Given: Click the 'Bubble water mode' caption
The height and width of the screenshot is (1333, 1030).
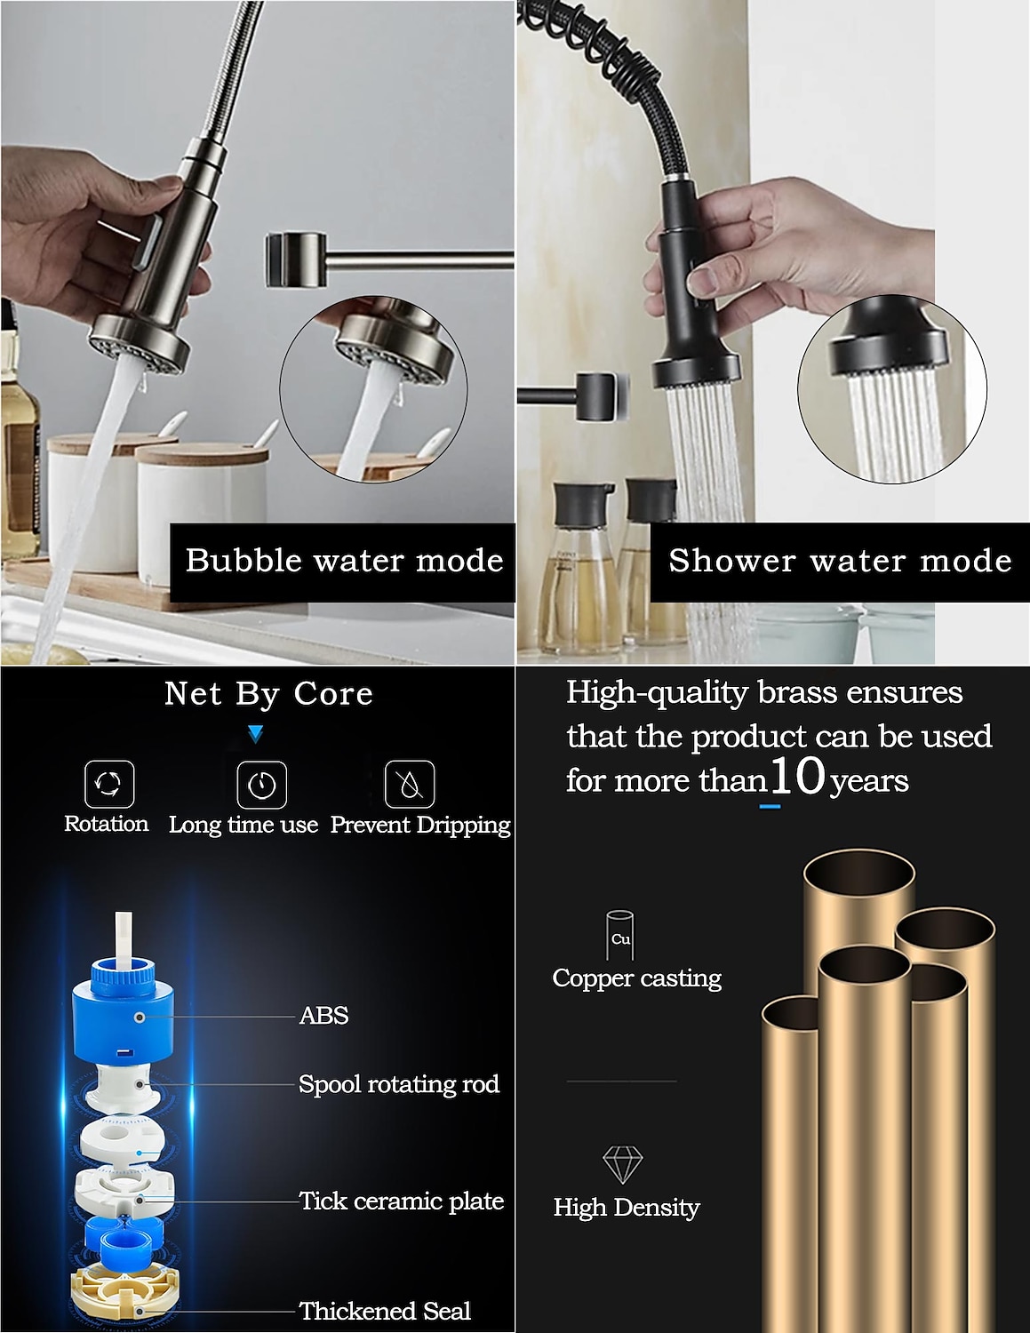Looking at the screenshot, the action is coord(344,561).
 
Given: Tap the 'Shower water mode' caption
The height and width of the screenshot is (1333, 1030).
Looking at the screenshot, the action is coord(840,561).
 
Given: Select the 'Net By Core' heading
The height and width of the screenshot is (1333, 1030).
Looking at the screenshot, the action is coord(268,694).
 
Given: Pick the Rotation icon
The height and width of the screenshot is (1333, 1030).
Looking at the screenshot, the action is coord(109,784).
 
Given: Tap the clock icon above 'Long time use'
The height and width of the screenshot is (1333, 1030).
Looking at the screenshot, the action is coord(262,785).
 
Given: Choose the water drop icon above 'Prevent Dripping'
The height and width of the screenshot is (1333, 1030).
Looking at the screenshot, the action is coord(410,785).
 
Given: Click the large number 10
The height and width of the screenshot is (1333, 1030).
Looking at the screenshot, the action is coord(797,775).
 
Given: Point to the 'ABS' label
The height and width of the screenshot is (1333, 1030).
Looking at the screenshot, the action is coord(323,1016).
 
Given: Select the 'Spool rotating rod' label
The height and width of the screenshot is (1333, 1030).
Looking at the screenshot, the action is coord(399,1084).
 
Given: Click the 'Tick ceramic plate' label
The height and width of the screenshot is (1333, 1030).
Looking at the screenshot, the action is coord(401,1201).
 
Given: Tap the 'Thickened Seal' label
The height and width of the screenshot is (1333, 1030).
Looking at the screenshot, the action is coord(386,1311).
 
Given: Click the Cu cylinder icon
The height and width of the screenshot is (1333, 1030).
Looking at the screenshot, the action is coord(620,935).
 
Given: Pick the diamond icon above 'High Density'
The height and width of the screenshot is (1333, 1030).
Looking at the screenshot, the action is coord(623,1164).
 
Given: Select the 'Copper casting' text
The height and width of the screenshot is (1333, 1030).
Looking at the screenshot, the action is coord(637,978).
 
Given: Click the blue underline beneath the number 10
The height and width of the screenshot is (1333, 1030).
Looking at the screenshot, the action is coord(770,806).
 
